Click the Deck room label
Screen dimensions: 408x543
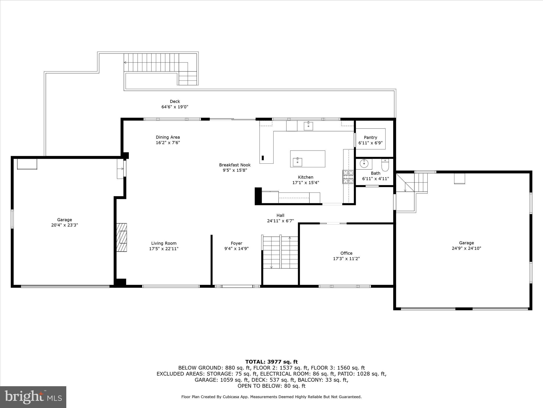175,101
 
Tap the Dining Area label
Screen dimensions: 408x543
168,137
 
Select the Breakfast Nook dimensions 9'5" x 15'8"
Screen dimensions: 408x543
235,170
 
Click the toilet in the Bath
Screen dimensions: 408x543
385,165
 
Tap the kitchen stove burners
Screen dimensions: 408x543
348,177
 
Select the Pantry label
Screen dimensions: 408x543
370,137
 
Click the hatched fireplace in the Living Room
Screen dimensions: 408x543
122,237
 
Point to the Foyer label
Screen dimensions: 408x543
236,243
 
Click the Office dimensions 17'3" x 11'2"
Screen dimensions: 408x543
346,258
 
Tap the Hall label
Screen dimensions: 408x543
280,215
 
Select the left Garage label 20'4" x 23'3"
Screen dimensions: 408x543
64,222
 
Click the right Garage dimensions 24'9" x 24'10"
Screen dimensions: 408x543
466,248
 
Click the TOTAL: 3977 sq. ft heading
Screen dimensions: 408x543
271,362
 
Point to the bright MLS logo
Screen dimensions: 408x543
33,397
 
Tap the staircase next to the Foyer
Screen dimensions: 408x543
280,252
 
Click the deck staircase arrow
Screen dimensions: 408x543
125,63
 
